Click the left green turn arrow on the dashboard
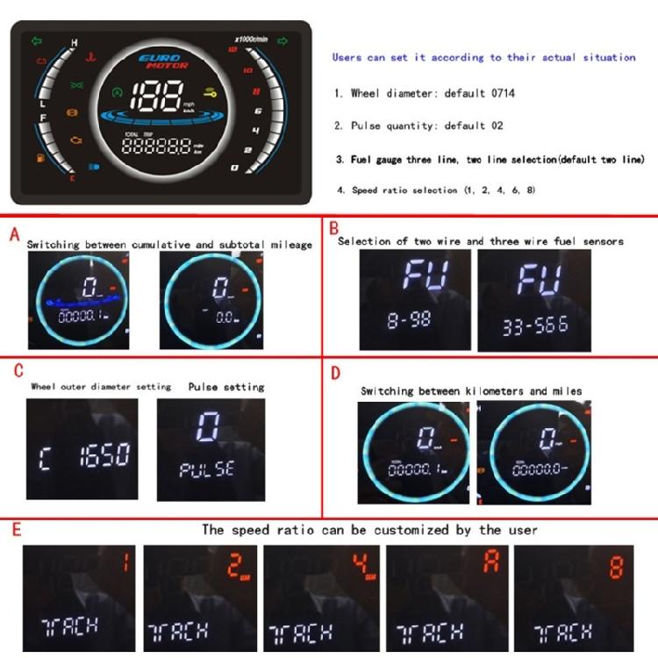pos(36,40)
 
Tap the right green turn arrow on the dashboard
pos(283,40)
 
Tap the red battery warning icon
pos(41,61)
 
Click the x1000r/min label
pos(250,39)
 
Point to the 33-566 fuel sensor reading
pos(534,327)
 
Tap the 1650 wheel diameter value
pos(104,454)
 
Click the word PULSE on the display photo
pos(207,468)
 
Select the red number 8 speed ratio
pos(616,566)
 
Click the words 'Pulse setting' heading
pos(225,387)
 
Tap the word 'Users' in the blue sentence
pos(347,58)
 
